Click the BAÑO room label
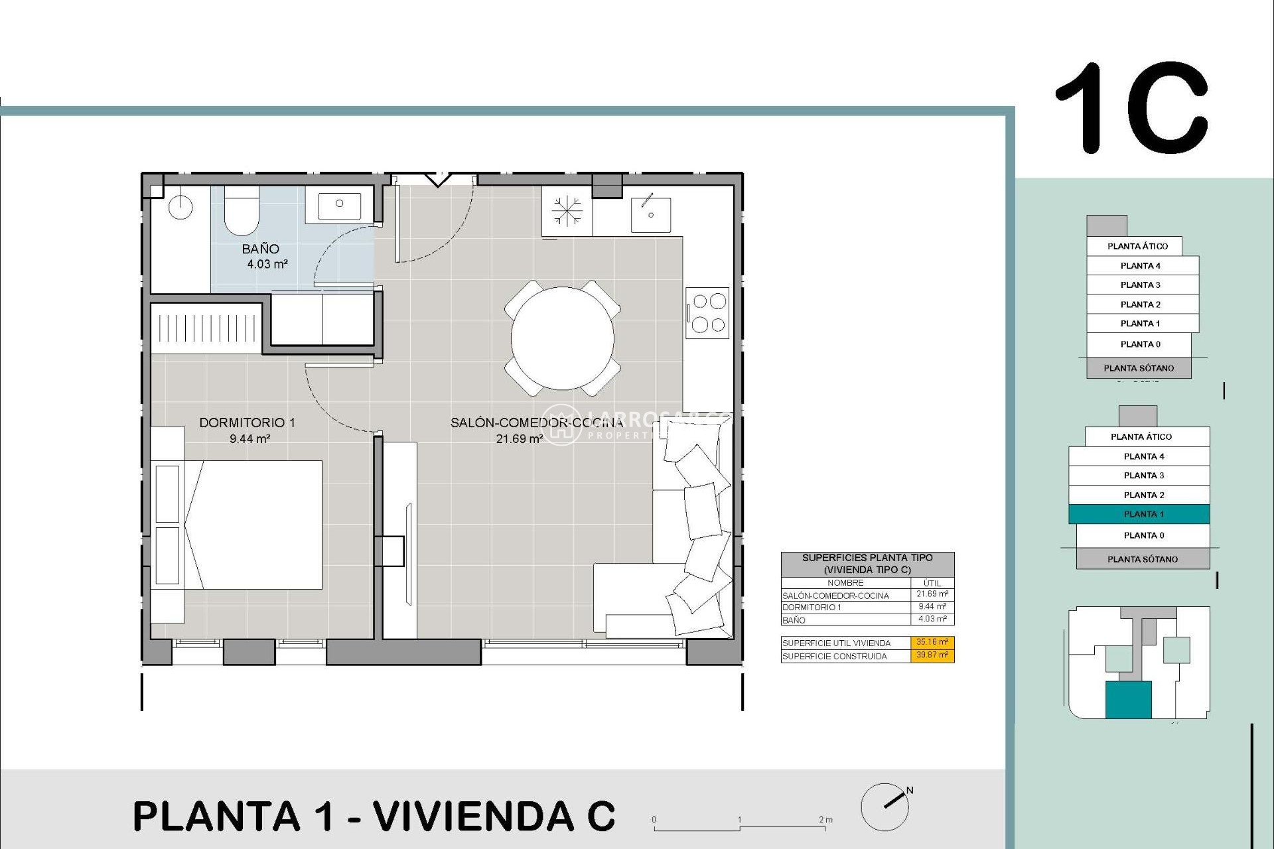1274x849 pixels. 260,249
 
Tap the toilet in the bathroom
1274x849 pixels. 242,211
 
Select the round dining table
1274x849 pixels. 562,338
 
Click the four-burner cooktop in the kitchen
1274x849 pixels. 708,312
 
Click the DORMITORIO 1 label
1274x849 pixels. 247,423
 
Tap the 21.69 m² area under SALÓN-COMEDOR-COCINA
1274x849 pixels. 519,439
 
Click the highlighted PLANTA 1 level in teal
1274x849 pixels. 1139,514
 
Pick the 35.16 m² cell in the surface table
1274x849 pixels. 932,642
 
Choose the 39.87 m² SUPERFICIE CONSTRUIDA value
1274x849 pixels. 932,655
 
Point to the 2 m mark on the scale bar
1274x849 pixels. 825,820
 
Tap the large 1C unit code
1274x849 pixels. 1131,109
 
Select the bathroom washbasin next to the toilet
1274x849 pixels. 339,205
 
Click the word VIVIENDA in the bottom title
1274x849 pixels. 473,816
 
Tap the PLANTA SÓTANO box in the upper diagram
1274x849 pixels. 1139,368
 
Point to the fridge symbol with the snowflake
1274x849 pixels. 567,212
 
